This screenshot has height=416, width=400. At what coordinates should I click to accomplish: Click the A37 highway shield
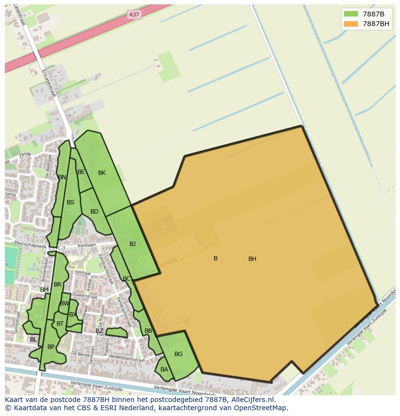click(x=134, y=14)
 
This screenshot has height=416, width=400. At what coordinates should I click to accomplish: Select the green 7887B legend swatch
click(x=351, y=14)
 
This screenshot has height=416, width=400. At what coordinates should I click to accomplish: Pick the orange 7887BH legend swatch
click(x=351, y=24)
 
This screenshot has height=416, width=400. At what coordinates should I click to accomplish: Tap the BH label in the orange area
click(x=252, y=259)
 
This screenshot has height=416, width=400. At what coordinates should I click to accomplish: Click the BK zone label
click(x=102, y=173)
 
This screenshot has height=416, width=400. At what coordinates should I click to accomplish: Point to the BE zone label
click(x=81, y=172)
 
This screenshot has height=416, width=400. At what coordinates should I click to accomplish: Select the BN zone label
click(x=62, y=177)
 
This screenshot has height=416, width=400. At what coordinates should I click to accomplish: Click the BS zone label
click(x=71, y=202)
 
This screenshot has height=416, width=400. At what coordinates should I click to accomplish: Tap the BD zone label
click(x=94, y=212)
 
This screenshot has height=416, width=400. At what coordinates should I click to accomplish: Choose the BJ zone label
click(x=132, y=244)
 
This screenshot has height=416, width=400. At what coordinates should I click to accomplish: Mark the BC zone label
click(x=127, y=279)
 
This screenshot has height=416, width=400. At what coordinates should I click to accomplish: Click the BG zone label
click(x=178, y=354)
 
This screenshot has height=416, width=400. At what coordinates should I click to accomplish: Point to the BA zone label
click(x=164, y=370)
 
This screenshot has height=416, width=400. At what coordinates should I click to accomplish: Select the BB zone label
click(x=148, y=331)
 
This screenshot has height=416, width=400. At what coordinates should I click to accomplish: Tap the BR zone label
click(x=57, y=285)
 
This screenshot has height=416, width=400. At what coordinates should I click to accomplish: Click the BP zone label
click(x=51, y=347)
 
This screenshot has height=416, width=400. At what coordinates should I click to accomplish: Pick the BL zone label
click(x=33, y=340)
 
